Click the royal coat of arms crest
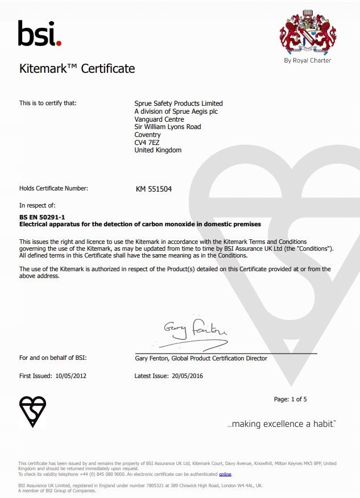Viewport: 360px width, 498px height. (x=308, y=32)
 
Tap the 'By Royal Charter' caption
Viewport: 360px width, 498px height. (x=307, y=60)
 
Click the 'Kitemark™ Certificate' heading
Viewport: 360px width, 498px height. (x=77, y=69)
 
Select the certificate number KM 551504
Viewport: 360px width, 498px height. (x=153, y=189)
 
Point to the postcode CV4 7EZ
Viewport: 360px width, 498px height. (x=147, y=142)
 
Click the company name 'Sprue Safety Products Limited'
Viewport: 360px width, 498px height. (x=178, y=103)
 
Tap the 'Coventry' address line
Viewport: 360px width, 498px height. (x=147, y=135)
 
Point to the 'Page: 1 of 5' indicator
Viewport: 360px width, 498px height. (x=290, y=399)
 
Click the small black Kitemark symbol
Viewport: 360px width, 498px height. (x=32, y=411)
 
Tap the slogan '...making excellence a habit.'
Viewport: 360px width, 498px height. (x=282, y=424)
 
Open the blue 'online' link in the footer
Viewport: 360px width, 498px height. (x=225, y=474)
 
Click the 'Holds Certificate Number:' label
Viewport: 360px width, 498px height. (x=53, y=188)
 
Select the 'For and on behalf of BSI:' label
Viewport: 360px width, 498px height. (x=53, y=358)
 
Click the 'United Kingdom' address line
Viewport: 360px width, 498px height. (x=158, y=150)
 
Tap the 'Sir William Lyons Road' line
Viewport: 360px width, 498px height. (x=167, y=127)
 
